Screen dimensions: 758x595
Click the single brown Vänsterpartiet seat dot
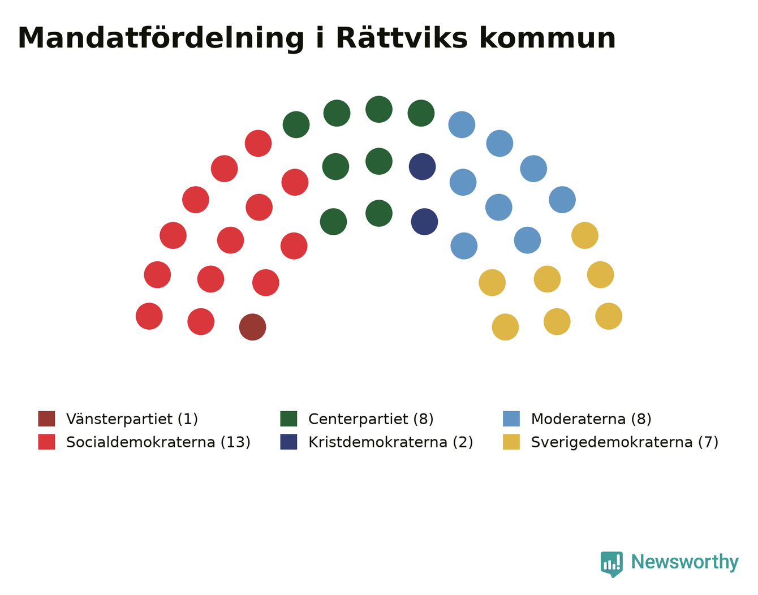click(252, 327)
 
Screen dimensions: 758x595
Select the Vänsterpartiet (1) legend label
click(132, 419)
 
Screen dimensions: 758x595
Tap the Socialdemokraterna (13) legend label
click(158, 442)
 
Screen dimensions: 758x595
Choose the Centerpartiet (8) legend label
click(371, 419)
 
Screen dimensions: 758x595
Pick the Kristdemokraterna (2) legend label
click(391, 442)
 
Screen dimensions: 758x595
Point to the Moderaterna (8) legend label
click(591, 419)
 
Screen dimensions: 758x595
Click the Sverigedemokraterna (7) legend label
click(625, 442)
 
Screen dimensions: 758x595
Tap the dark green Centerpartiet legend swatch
click(289, 419)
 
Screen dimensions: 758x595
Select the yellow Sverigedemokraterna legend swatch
click(511, 442)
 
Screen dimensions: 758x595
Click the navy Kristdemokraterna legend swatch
click(289, 442)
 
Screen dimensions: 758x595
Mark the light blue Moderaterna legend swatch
click(511, 419)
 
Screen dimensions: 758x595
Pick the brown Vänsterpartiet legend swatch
click(47, 419)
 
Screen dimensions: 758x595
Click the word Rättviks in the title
click(402, 38)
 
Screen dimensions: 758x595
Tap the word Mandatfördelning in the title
click(161, 39)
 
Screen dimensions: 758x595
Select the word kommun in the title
click(548, 38)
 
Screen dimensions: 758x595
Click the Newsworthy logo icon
click(611, 564)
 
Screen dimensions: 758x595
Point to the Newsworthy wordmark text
click(685, 562)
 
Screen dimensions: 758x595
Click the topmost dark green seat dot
click(379, 109)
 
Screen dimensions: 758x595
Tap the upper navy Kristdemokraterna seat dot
click(422, 166)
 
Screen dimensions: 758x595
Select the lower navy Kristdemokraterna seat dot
click(424, 222)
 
